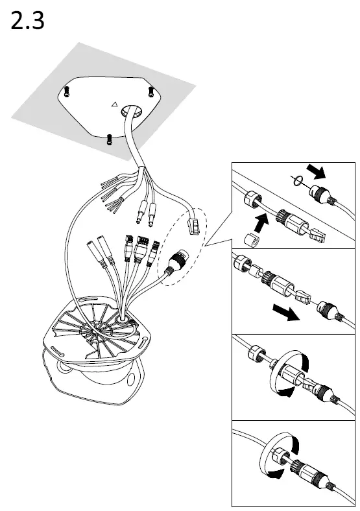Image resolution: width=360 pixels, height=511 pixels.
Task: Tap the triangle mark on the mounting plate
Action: pos(114,103)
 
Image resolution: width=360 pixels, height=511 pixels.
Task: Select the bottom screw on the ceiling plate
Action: pos(109,137)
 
